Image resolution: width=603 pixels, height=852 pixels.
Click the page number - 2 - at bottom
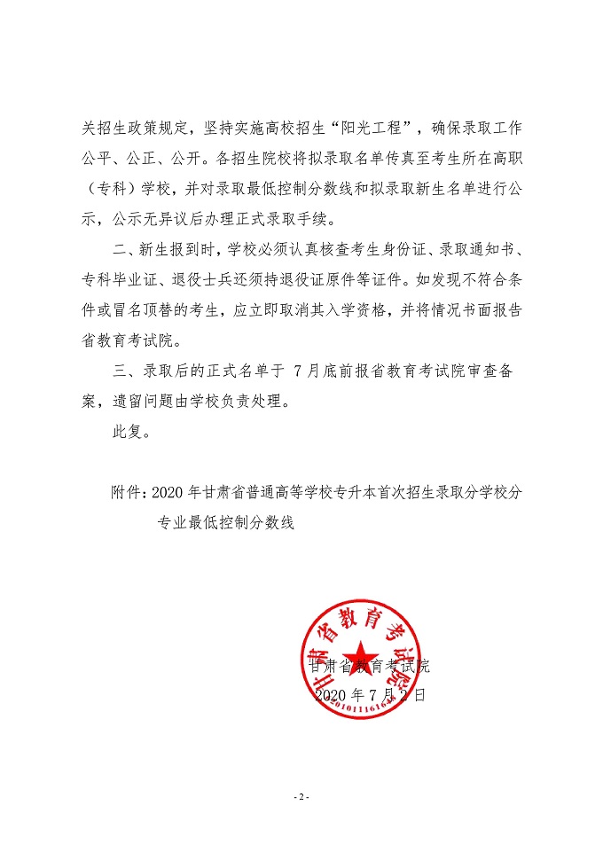click(301, 797)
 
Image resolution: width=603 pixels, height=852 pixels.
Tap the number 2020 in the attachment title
click(167, 494)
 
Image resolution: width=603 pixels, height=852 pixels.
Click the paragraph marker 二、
click(119, 251)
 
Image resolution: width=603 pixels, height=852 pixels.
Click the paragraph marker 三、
click(119, 372)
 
